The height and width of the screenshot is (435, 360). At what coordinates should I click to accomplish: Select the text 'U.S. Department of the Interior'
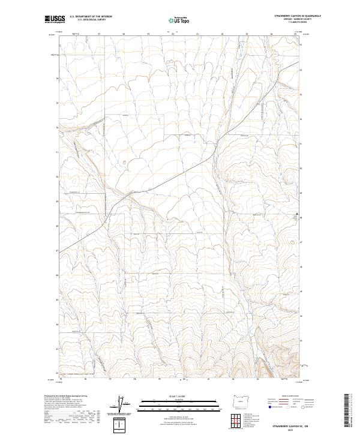pyautogui.click(x=91, y=16)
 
